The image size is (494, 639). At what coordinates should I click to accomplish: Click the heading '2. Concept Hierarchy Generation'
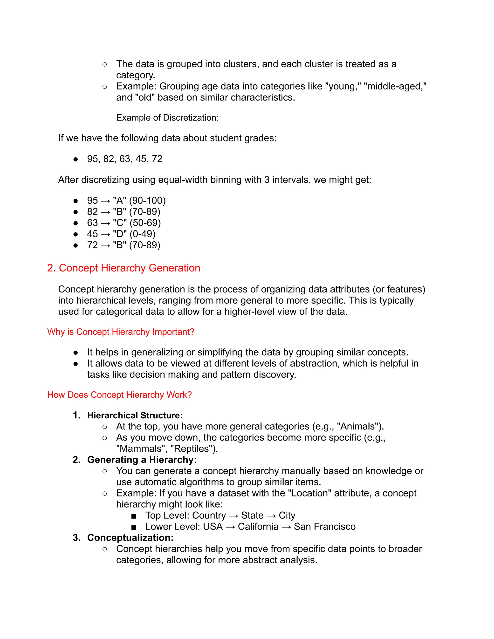(123, 268)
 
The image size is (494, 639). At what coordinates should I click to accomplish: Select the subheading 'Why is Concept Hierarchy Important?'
(121, 332)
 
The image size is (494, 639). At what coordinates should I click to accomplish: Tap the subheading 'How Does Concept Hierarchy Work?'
(119, 395)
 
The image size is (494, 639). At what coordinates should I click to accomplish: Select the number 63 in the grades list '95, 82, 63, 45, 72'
(125, 159)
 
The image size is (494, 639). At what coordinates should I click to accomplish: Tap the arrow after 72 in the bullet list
(105, 245)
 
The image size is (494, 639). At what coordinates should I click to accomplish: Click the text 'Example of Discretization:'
(167, 118)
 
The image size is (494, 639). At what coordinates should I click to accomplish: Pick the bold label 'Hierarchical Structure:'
(135, 415)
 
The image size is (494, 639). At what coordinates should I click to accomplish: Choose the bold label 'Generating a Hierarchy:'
(142, 460)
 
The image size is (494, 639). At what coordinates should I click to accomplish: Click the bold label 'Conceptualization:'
(130, 537)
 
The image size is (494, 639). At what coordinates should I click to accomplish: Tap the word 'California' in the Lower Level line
(258, 526)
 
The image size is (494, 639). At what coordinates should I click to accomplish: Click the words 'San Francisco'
(325, 526)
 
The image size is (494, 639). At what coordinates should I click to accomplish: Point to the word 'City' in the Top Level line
(287, 515)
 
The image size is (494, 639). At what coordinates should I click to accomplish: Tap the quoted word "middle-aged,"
(394, 86)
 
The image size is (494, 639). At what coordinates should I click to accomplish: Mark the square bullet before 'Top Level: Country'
(134, 516)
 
